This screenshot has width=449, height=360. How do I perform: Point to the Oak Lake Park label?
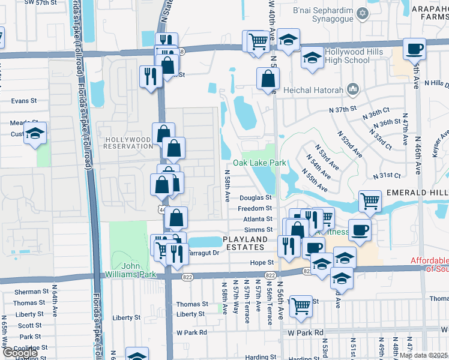tap(259, 163)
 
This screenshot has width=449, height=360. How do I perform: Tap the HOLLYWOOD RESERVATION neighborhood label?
tap(128, 142)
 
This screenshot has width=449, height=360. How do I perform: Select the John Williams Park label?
tap(139, 270)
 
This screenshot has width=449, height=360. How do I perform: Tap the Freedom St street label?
tap(255, 208)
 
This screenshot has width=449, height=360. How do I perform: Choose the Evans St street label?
tap(23, 101)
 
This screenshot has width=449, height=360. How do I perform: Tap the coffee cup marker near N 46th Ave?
tap(414, 49)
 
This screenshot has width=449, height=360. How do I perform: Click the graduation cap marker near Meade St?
tap(35, 133)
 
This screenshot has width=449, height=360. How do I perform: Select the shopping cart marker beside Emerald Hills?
tap(370, 201)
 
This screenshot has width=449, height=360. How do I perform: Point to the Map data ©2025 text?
tap(424, 355)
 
